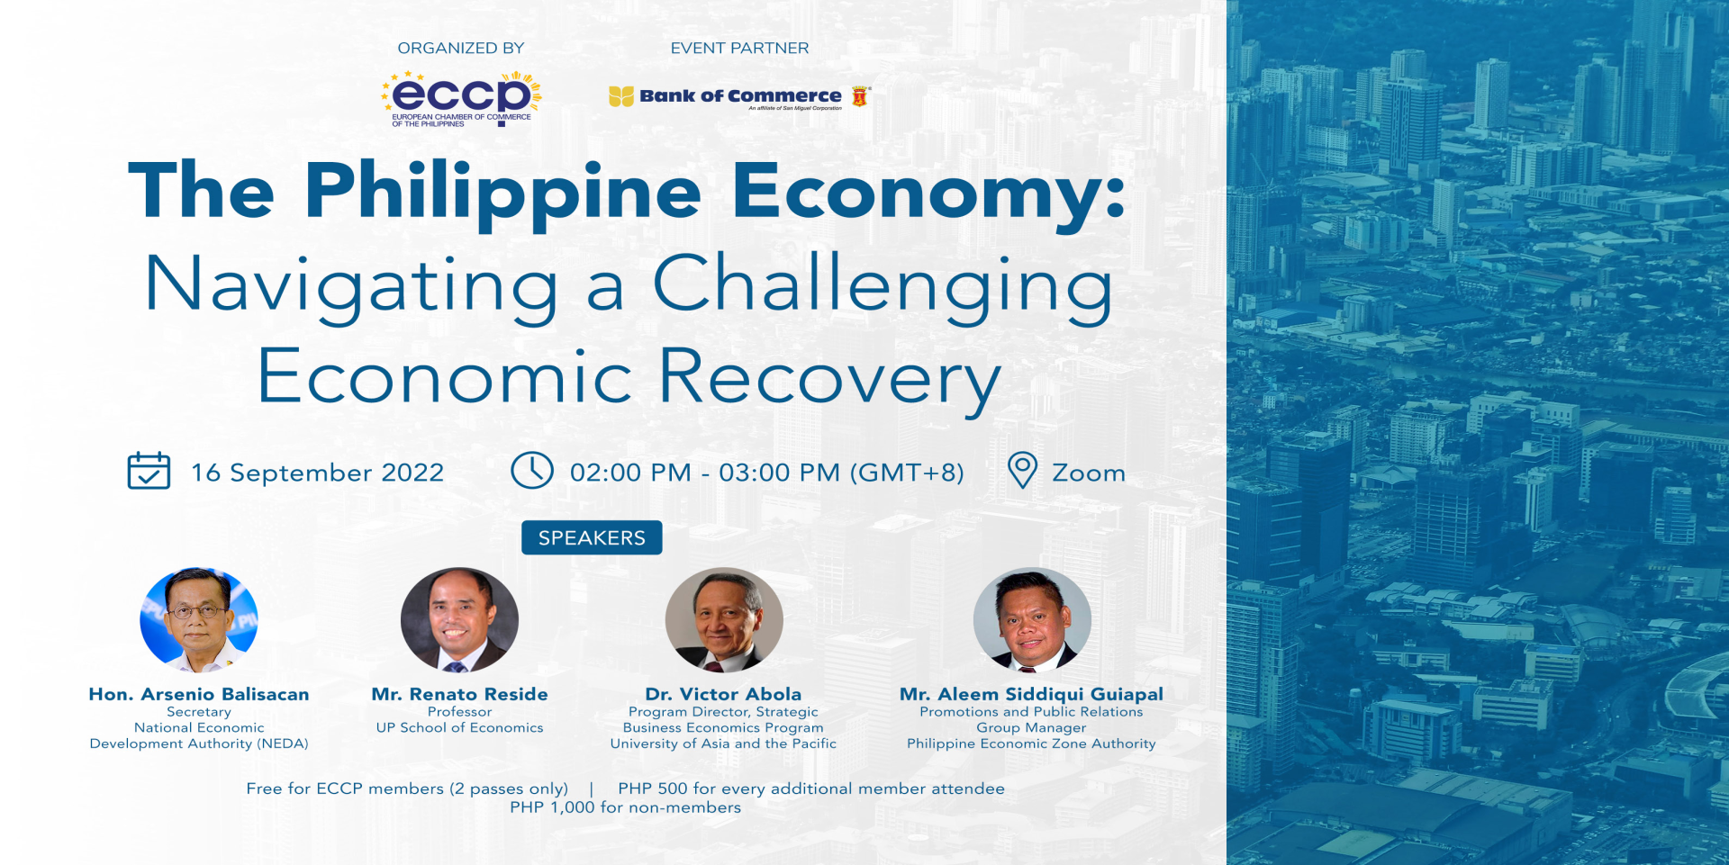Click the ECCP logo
coord(461,99)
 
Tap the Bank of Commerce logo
coord(739,97)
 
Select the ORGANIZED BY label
coord(461,49)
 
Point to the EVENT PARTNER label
coord(739,49)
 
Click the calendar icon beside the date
coord(149,471)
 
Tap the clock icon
coord(532,471)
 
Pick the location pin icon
coord(1022,471)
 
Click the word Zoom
coord(1089,473)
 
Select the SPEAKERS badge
coord(592,537)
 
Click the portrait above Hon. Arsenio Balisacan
coord(199,620)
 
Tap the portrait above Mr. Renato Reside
coord(459,620)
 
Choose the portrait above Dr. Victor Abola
coord(724,620)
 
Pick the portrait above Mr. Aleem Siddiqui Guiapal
coord(1032,620)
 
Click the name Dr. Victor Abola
coord(723,694)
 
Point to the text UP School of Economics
coord(459,727)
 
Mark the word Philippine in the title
coord(502,193)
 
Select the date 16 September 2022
coord(318,473)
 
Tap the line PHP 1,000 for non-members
coord(626,807)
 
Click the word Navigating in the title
coord(351,286)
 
